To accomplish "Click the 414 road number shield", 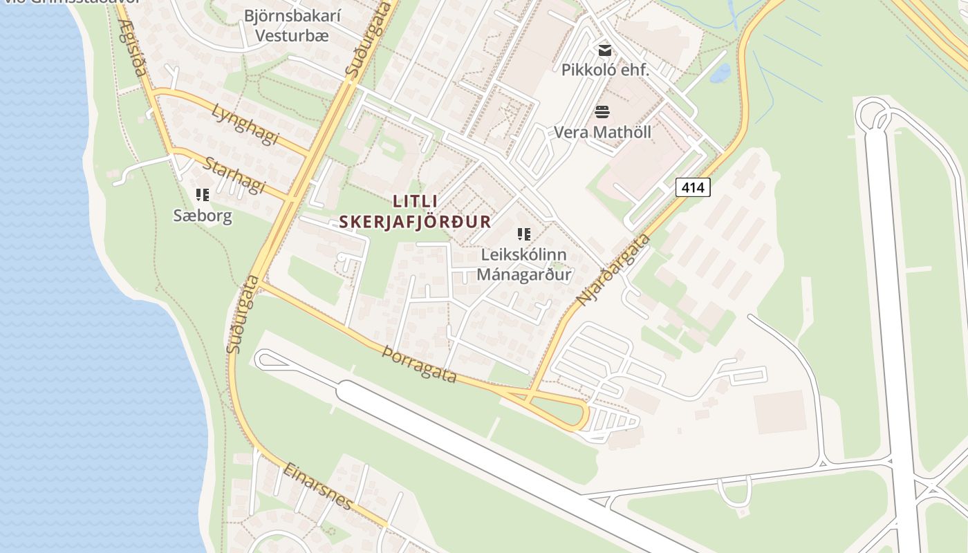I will [x=693, y=187].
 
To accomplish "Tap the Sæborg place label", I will [x=203, y=216].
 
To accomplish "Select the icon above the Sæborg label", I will [x=203, y=195].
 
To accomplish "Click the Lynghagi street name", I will [x=245, y=124].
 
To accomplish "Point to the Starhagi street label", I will [x=235, y=176].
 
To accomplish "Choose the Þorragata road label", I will [x=420, y=364].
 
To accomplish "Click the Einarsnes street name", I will [x=318, y=486].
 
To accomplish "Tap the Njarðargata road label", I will [x=614, y=270].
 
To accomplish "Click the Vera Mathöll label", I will [x=602, y=132].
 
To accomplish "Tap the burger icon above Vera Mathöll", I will [x=602, y=112].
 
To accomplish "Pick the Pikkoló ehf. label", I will [x=605, y=70].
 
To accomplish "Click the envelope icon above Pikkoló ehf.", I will [x=605, y=50].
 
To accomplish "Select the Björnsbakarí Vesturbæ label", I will [x=292, y=26].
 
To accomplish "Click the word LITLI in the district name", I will [x=415, y=201].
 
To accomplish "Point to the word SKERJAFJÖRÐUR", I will [x=415, y=222].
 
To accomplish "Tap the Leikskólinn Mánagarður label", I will [x=524, y=264].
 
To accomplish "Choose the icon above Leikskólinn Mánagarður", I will [x=524, y=234].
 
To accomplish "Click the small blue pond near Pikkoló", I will [x=720, y=73].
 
